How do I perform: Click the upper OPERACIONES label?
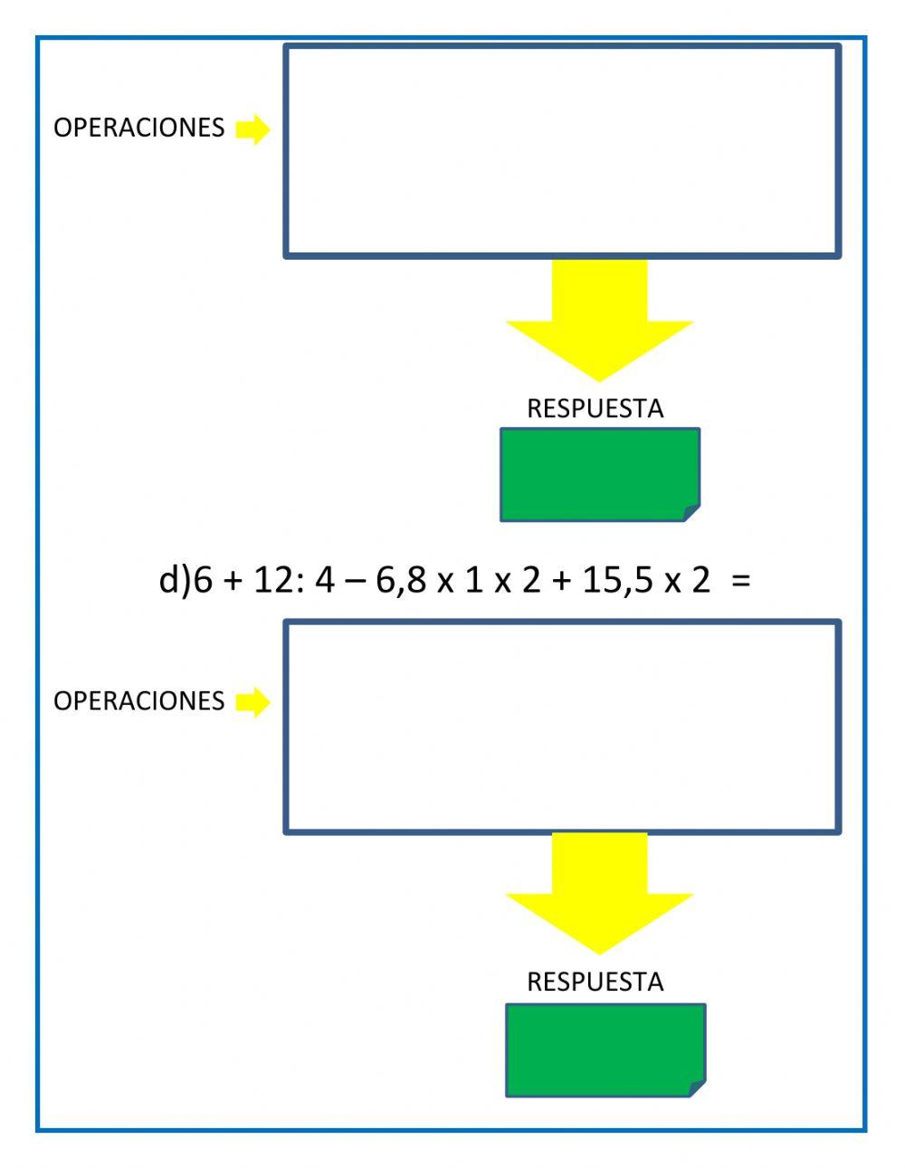tap(138, 128)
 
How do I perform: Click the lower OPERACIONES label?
tap(138, 701)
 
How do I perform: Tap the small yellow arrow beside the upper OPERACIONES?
tap(252, 129)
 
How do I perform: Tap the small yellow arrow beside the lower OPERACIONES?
tap(252, 701)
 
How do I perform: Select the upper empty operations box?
tap(562, 151)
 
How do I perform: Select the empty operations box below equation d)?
tap(562, 726)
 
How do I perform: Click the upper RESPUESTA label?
tap(595, 409)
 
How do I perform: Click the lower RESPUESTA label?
tap(595, 982)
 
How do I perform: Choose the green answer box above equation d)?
tap(599, 474)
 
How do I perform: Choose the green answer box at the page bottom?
tap(605, 1049)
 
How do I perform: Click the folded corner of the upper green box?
tap(692, 513)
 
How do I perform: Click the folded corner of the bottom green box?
tap(698, 1088)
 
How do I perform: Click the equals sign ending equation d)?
tap(741, 581)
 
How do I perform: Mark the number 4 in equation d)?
tap(324, 580)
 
